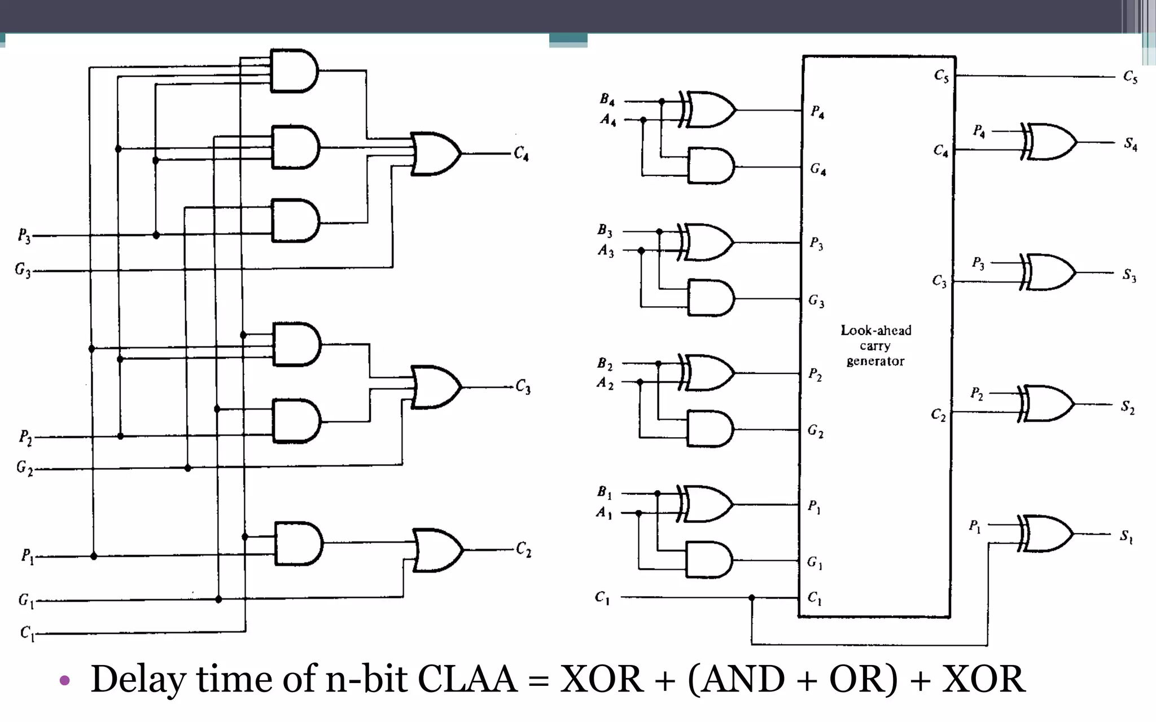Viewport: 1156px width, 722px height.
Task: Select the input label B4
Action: (x=607, y=100)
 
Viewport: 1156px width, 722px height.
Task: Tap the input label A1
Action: (x=603, y=513)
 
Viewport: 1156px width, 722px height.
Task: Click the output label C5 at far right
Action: (x=1129, y=77)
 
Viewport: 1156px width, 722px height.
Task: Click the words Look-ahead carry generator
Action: (x=875, y=345)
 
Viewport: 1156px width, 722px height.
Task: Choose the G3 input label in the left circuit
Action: (x=23, y=270)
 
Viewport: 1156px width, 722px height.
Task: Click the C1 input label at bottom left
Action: (x=27, y=633)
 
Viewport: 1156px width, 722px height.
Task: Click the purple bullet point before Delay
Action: (x=64, y=680)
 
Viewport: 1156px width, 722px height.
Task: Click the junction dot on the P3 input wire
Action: (x=156, y=235)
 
